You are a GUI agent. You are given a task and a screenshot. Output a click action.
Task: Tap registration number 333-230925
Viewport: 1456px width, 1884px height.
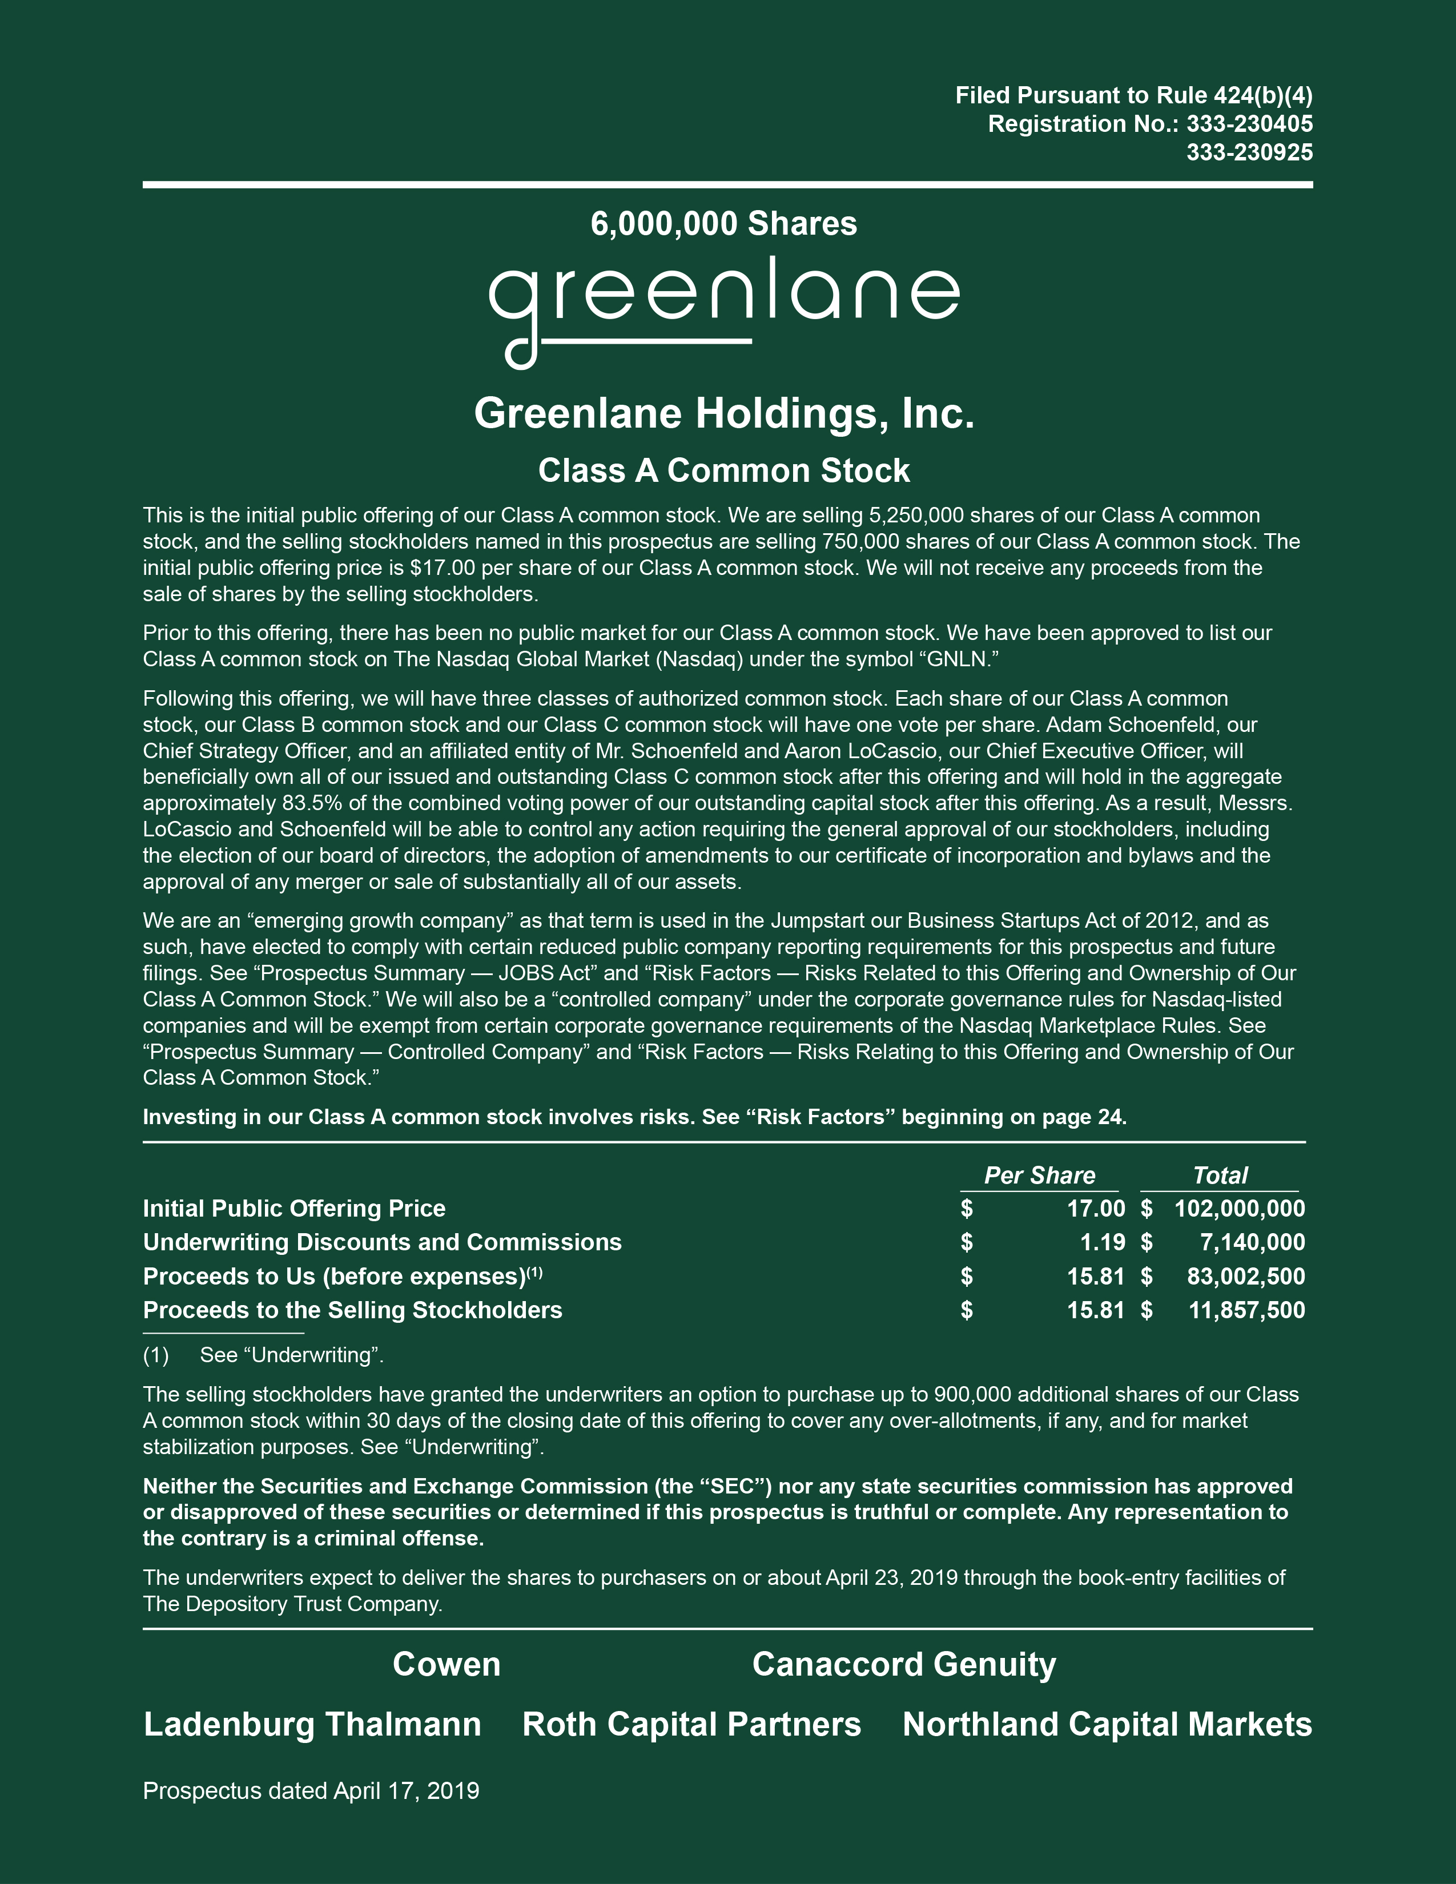[1249, 152]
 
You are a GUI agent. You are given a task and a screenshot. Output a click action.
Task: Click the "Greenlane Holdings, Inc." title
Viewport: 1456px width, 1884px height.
[723, 413]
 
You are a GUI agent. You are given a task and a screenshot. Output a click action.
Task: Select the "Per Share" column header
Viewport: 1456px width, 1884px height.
[1039, 1175]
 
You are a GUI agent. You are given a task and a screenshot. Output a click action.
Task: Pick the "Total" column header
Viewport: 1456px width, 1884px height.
[1220, 1175]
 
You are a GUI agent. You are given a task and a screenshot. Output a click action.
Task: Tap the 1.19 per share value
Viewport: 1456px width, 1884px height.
[1103, 1242]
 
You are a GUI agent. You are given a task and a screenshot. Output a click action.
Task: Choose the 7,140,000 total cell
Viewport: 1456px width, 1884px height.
[1252, 1242]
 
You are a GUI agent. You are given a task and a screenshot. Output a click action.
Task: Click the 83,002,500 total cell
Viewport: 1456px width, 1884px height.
[1245, 1277]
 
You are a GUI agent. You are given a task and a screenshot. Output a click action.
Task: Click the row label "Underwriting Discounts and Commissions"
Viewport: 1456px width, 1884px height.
[382, 1242]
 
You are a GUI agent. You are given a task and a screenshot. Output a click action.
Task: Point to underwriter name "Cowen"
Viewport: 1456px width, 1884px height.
[446, 1664]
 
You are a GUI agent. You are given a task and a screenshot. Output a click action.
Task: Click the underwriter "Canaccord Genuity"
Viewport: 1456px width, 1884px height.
[903, 1664]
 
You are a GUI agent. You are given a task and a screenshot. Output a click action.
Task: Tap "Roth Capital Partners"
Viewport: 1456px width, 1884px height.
[691, 1724]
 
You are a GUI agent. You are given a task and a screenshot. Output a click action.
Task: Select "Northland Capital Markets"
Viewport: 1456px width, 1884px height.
[1107, 1724]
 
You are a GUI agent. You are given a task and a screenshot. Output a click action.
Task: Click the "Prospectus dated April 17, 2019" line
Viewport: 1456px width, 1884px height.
[311, 1791]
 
